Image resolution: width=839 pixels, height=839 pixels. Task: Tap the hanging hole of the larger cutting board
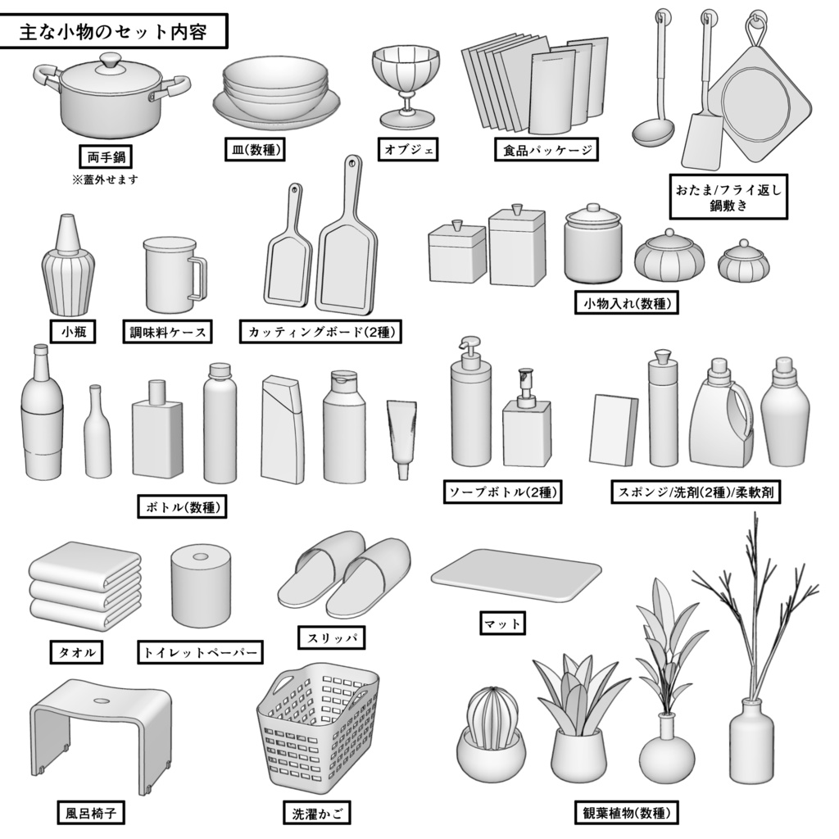[x=352, y=165]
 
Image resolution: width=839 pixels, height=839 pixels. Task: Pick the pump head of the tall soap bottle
[x=467, y=347]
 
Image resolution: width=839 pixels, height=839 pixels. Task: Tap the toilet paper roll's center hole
[x=199, y=557]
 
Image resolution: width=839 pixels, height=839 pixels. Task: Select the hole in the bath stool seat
[x=100, y=702]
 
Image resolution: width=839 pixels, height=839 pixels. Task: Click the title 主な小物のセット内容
[x=113, y=34]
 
